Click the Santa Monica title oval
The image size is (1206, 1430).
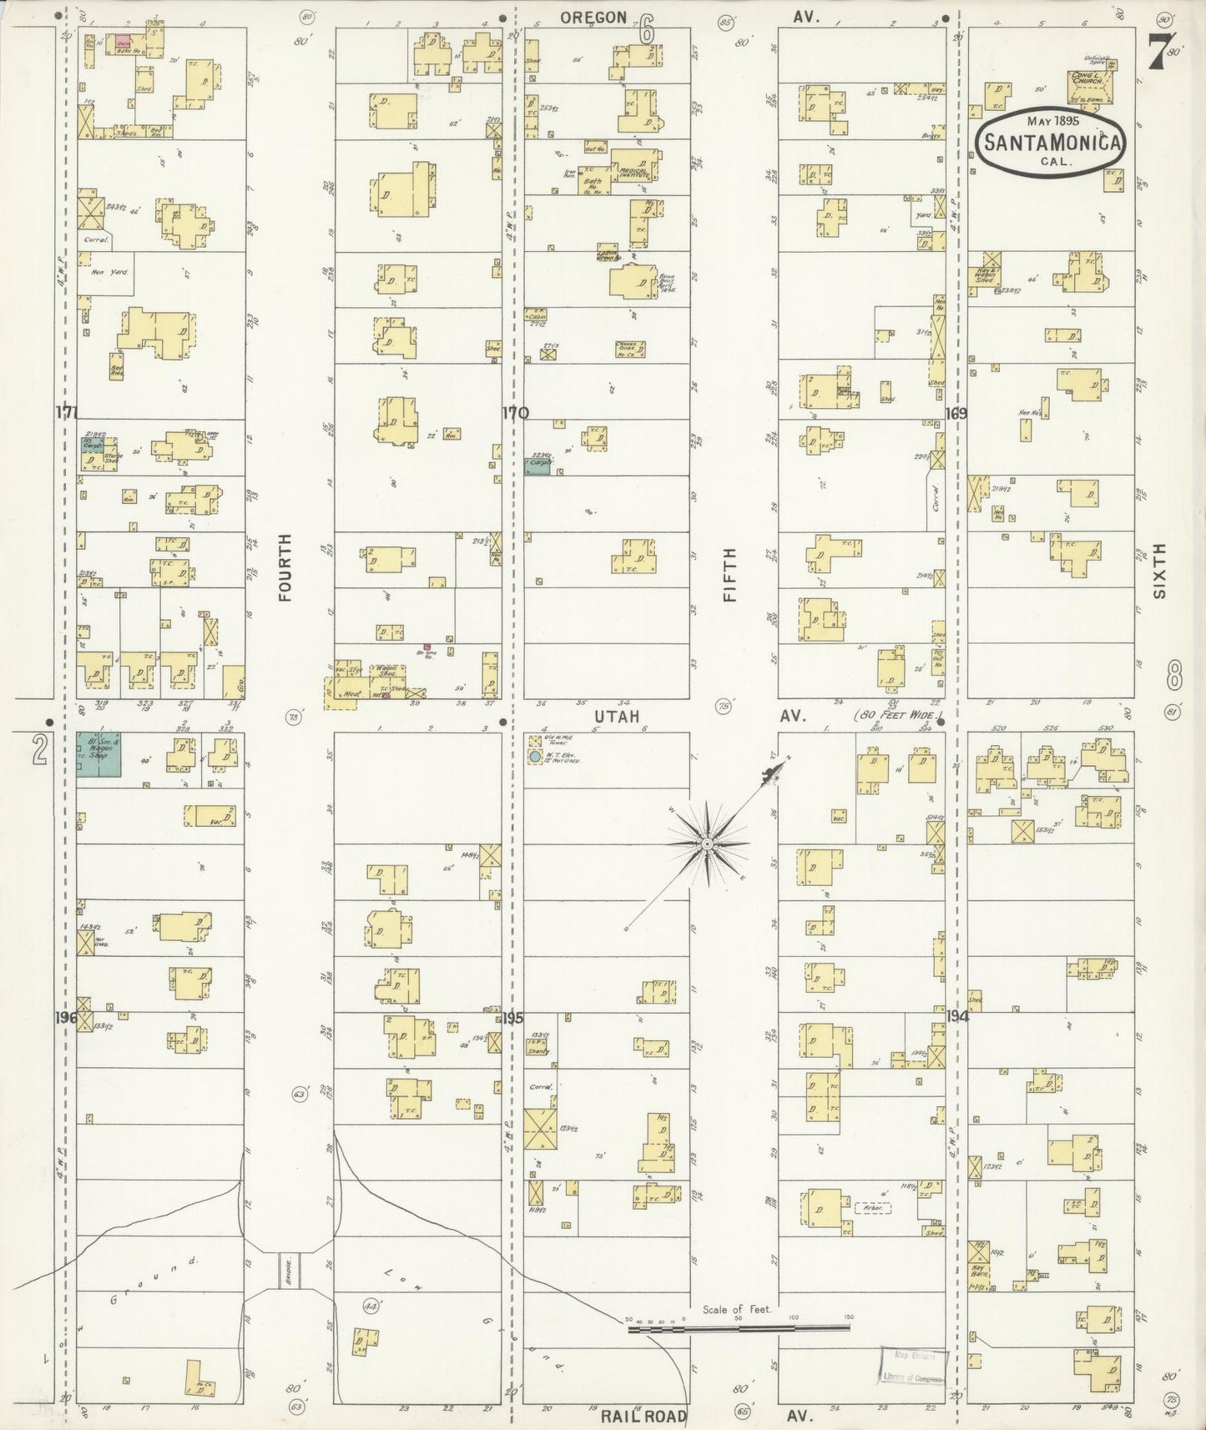pyautogui.click(x=1051, y=142)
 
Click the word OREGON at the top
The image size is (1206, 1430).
pyautogui.click(x=593, y=16)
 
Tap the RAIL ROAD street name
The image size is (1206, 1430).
pyautogui.click(x=643, y=1416)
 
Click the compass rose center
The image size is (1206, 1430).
pyautogui.click(x=708, y=844)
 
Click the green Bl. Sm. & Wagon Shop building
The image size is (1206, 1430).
pyautogui.click(x=98, y=755)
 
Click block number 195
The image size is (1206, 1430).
pyautogui.click(x=513, y=1018)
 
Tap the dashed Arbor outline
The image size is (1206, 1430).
pyautogui.click(x=871, y=1207)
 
